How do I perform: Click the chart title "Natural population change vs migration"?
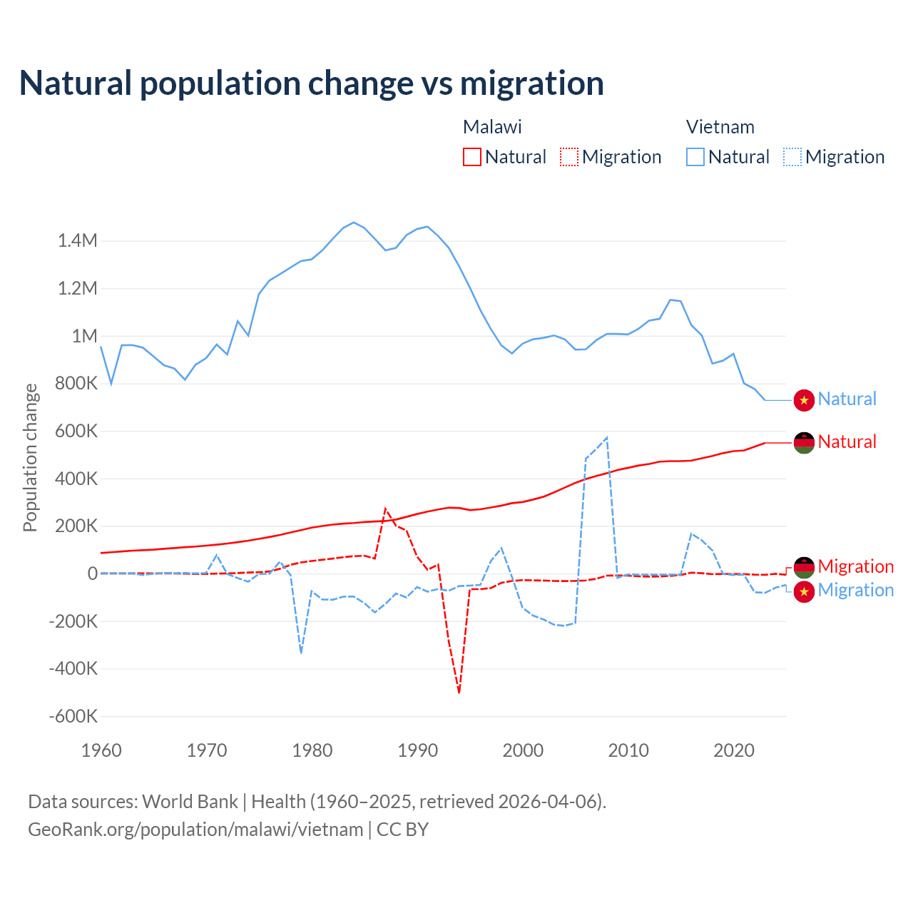311,83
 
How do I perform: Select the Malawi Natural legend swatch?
471,157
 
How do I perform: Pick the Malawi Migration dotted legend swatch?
568,157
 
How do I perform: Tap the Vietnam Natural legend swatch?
695,157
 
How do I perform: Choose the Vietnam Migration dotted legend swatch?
792,157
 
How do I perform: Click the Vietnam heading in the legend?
720,127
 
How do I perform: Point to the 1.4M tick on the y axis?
78,241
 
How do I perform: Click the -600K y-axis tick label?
73,716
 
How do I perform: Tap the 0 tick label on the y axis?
92,573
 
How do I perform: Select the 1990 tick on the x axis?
418,750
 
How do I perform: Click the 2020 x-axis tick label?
734,750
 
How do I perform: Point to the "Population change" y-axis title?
30,457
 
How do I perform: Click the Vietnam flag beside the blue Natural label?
804,400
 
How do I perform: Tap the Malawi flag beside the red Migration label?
804,567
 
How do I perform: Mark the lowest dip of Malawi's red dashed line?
459,692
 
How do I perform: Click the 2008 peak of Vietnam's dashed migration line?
606,437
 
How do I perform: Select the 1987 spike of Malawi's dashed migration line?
385,509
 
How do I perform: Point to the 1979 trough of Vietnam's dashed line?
301,652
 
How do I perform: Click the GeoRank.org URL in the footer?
195,830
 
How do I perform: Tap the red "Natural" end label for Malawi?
847,442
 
